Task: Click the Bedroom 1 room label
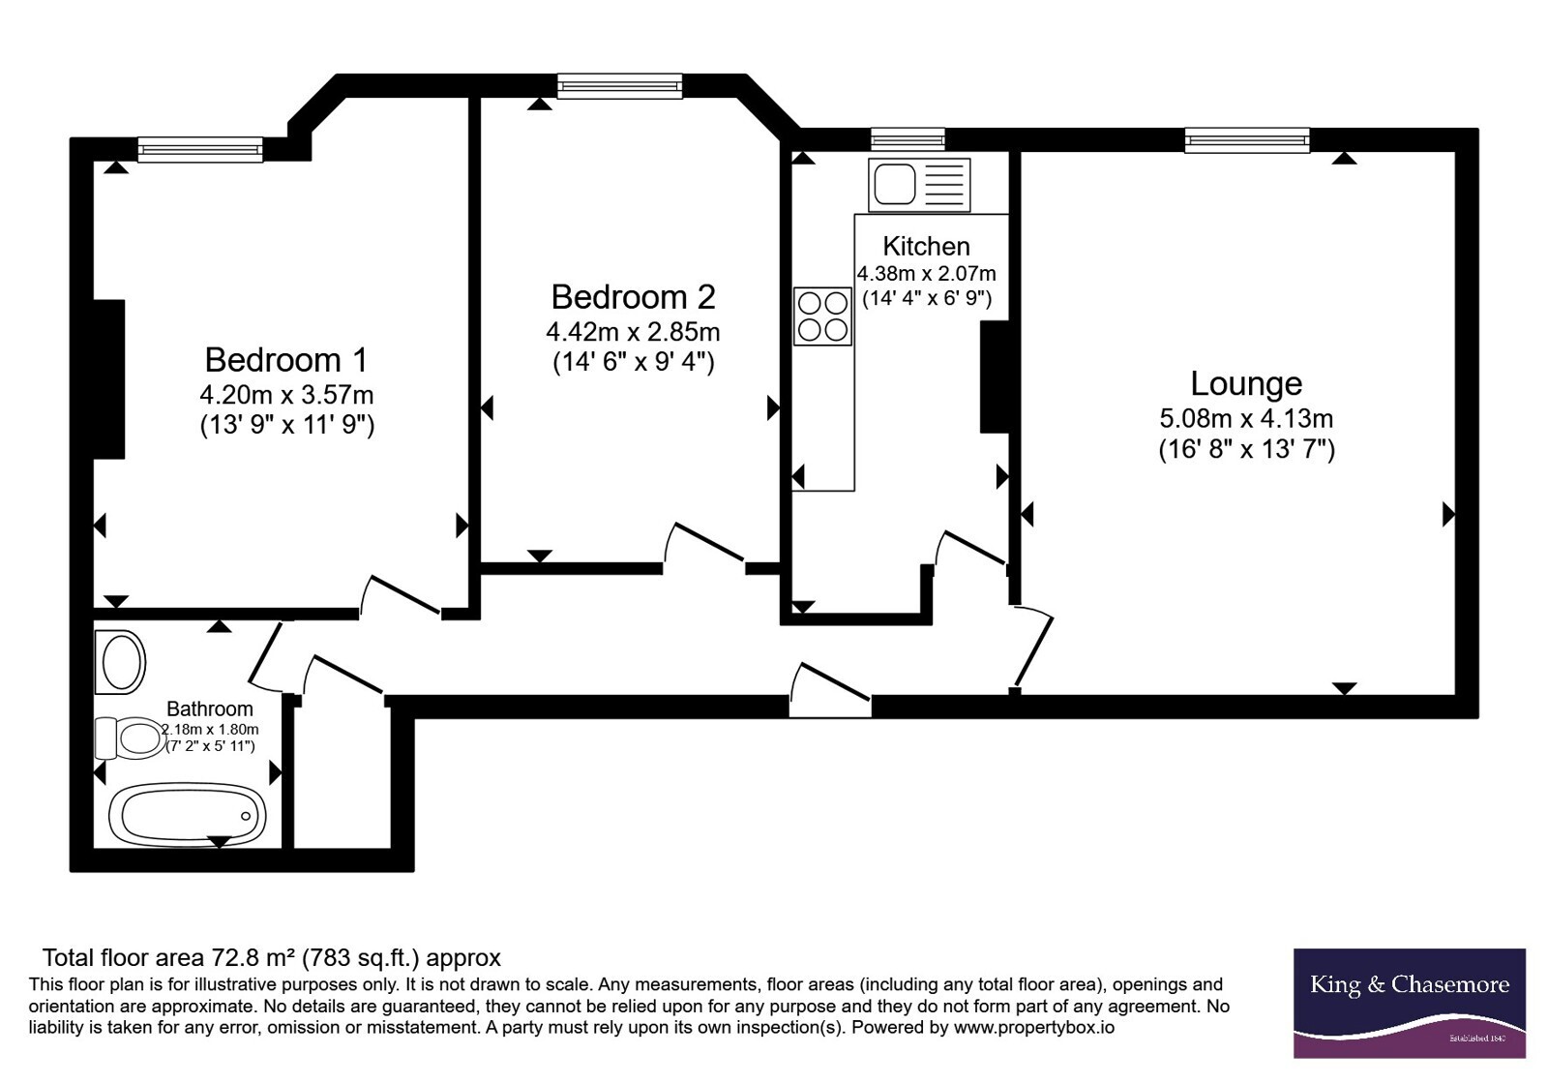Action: point(285,360)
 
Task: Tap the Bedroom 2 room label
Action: point(633,297)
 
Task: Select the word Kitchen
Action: point(926,246)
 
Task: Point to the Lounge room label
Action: point(1246,383)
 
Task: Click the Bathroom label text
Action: point(210,708)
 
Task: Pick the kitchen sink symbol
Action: point(919,185)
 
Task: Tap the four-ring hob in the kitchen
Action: point(822,316)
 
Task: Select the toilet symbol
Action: point(131,738)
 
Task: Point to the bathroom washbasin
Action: point(120,662)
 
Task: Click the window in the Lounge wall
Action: point(1247,140)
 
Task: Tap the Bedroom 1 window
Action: point(200,149)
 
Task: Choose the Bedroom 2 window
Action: point(620,86)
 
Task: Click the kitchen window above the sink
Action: point(908,139)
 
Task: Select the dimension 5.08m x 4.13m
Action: point(1246,418)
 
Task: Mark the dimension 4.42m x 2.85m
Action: point(633,333)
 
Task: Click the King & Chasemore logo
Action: point(1410,1003)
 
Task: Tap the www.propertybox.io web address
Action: point(1034,1027)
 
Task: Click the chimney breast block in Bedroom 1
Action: point(109,378)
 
